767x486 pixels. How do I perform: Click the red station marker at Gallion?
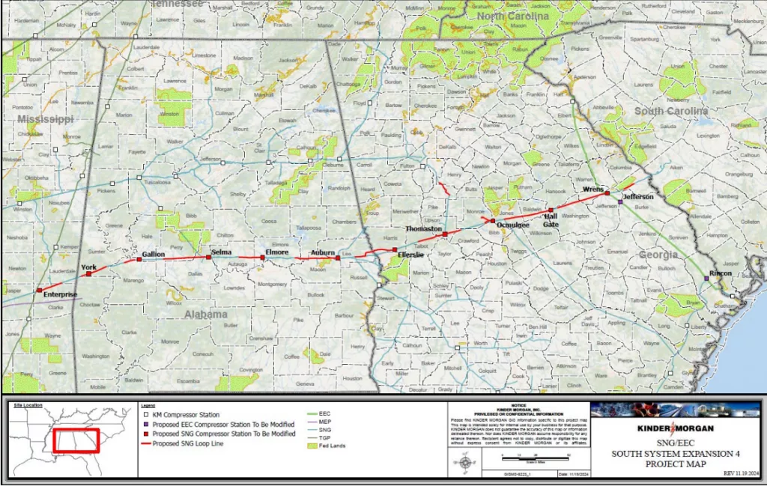tap(139, 260)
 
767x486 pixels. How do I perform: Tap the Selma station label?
tap(221, 252)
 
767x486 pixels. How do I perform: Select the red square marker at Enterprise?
tap(40, 289)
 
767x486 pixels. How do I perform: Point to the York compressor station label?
tap(88, 267)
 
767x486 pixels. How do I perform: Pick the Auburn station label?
tap(323, 252)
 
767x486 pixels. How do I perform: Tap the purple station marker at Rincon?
tap(706, 279)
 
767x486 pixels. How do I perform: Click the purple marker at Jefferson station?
tap(620, 201)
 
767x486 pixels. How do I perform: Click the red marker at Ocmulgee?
tap(492, 221)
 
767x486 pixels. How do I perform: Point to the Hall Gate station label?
tap(551, 219)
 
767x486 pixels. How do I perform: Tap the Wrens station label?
tap(593, 189)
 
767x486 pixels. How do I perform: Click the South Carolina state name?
tap(671, 111)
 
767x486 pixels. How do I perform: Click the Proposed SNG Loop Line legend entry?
tap(190, 443)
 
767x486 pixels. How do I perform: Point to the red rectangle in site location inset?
tap(77, 440)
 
